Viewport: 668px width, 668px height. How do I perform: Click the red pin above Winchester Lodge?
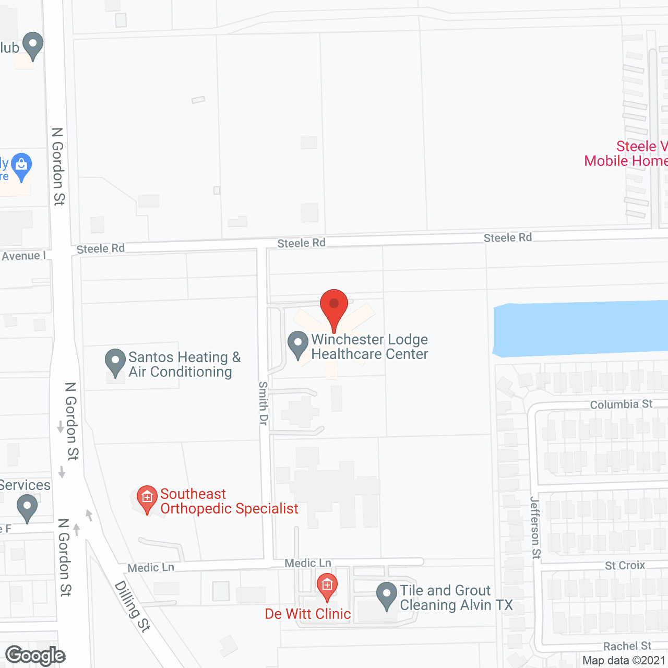pyautogui.click(x=333, y=305)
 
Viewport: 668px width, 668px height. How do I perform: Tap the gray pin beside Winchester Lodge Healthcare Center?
pyautogui.click(x=298, y=344)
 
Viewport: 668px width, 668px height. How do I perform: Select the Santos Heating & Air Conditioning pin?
pyautogui.click(x=115, y=362)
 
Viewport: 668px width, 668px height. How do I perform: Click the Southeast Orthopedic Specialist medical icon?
pyautogui.click(x=147, y=499)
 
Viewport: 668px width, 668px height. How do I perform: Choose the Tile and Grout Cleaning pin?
pyautogui.click(x=387, y=595)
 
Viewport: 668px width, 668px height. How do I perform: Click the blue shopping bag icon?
pyautogui.click(x=21, y=166)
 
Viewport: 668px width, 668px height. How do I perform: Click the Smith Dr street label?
pyautogui.click(x=264, y=403)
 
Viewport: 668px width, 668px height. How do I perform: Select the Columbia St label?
pyautogui.click(x=621, y=404)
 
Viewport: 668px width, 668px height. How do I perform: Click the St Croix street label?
pyautogui.click(x=625, y=565)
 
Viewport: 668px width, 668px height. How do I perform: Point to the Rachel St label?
pyautogui.click(x=627, y=646)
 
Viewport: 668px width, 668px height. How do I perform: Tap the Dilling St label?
pyautogui.click(x=133, y=606)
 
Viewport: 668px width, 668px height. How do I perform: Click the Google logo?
pyautogui.click(x=35, y=655)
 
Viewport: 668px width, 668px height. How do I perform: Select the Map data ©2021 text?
pyautogui.click(x=624, y=661)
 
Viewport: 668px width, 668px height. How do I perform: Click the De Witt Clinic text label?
pyautogui.click(x=308, y=614)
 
